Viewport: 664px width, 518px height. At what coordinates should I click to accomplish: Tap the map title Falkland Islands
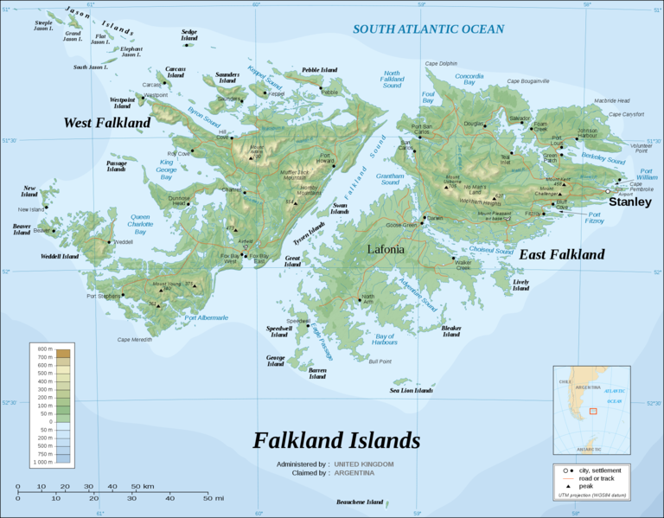tap(336, 440)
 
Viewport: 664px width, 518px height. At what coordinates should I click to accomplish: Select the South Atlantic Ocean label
tap(428, 29)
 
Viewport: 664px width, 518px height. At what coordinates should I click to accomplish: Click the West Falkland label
tap(106, 123)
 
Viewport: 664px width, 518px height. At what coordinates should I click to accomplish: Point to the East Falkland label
tap(561, 254)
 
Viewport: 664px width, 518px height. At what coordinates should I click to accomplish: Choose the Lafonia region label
tap(386, 249)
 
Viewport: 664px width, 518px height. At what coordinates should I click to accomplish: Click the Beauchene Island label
tap(360, 502)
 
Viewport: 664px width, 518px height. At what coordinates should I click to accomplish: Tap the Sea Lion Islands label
tap(411, 391)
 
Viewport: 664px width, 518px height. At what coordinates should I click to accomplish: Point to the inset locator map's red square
tap(593, 410)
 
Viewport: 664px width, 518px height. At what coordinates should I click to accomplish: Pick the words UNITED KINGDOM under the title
tap(363, 464)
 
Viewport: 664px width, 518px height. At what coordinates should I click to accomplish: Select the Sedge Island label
tap(189, 35)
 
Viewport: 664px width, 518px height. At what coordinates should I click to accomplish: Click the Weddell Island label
tap(59, 257)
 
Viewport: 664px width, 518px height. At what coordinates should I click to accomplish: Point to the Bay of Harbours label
tap(386, 339)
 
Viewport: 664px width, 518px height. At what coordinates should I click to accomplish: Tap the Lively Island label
tap(520, 285)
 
